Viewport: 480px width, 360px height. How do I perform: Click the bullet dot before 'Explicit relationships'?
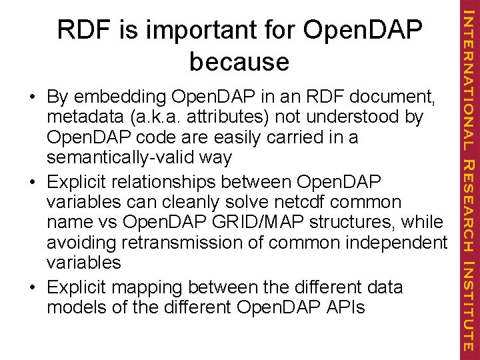pos(32,181)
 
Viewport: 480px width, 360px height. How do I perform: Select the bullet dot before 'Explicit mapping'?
pos(32,287)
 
